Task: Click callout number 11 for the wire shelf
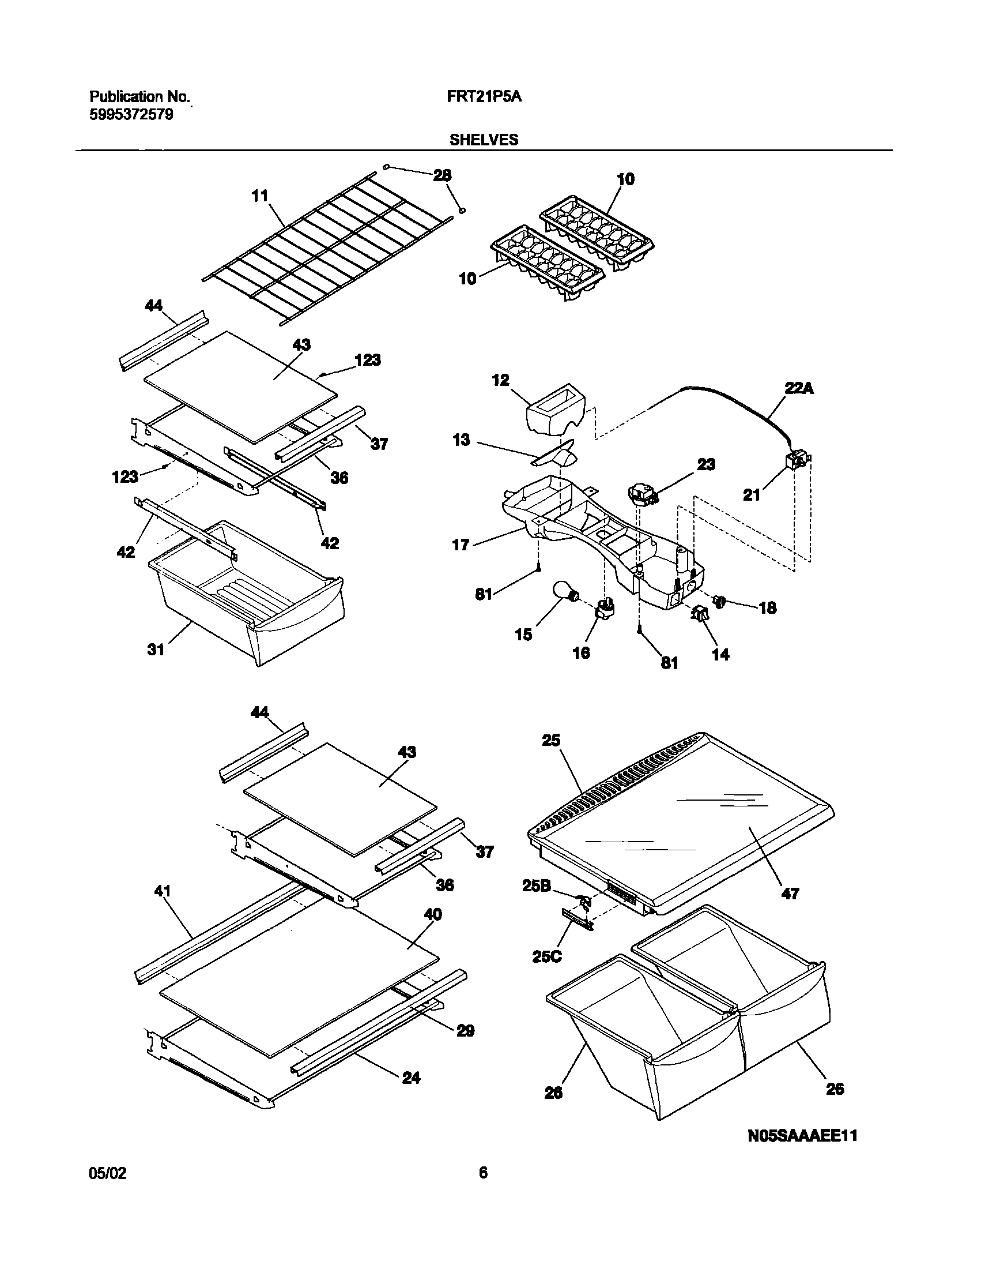[261, 196]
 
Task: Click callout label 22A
[799, 389]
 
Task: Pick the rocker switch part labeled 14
[700, 614]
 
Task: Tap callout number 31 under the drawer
[156, 650]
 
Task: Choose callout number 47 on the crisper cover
[789, 894]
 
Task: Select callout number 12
[501, 380]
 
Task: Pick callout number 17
[461, 545]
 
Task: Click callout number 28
[442, 175]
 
